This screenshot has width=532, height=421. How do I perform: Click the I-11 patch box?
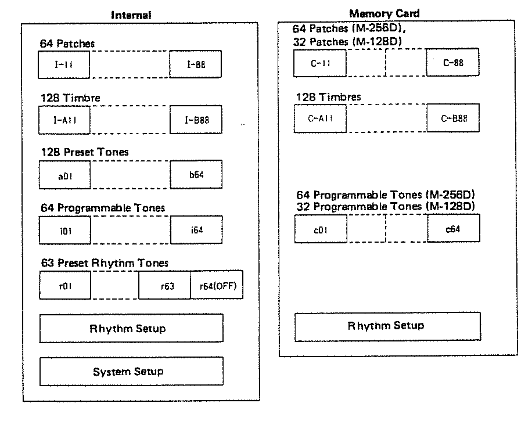pyautogui.click(x=64, y=64)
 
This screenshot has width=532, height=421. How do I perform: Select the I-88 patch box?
pyautogui.click(x=195, y=64)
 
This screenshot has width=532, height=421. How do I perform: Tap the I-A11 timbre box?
pyautogui.click(x=64, y=120)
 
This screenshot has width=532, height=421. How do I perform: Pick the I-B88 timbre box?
pyautogui.click(x=196, y=120)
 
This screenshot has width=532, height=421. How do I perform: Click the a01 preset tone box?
pyautogui.click(x=65, y=175)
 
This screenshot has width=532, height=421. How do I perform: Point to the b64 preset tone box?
pyautogui.click(x=196, y=174)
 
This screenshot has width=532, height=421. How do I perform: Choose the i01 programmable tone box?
pyautogui.click(x=65, y=231)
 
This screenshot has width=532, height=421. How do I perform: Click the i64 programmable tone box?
pyautogui.click(x=196, y=230)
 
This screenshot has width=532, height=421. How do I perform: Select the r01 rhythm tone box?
pyautogui.click(x=65, y=285)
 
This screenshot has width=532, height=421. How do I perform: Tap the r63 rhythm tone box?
pyautogui.click(x=164, y=285)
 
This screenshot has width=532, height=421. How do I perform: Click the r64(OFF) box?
pyautogui.click(x=217, y=285)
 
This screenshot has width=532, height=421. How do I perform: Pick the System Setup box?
pyautogui.click(x=132, y=371)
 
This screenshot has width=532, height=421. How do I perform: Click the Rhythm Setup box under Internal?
pyautogui.click(x=131, y=328)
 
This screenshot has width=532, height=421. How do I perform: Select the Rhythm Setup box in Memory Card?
pyautogui.click(x=388, y=326)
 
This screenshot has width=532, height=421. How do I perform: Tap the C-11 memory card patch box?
pyautogui.click(x=320, y=63)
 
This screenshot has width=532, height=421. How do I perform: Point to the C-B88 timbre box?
pyautogui.click(x=453, y=118)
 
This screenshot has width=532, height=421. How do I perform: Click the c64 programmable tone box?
pyautogui.click(x=454, y=228)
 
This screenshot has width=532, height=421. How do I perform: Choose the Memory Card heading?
pyautogui.click(x=384, y=13)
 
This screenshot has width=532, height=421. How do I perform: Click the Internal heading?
pyautogui.click(x=131, y=15)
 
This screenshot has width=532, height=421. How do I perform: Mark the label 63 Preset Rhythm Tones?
pyautogui.click(x=105, y=263)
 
